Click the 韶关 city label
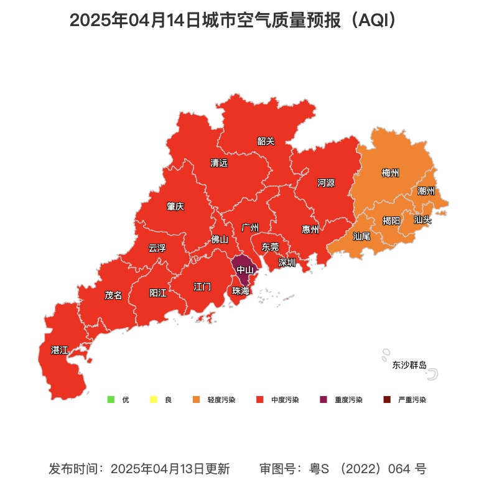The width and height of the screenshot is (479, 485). [266, 141]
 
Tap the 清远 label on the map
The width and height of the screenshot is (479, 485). [219, 163]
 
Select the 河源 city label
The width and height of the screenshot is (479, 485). [326, 183]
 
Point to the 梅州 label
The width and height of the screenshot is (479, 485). [390, 173]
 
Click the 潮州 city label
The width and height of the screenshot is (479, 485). [426, 191]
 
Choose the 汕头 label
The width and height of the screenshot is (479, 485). [422, 219]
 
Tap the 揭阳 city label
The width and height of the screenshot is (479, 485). [391, 220]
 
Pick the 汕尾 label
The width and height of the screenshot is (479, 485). [361, 236]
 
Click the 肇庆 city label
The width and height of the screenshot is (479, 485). [175, 206]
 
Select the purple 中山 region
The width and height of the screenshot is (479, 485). [243, 269]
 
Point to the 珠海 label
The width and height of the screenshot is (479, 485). [241, 291]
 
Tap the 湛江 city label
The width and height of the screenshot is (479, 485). [60, 351]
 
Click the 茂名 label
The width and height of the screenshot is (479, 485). [113, 295]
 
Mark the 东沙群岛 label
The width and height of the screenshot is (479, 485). [409, 365]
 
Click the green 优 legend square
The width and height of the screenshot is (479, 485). [111, 400]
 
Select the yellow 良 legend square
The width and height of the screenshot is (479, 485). [153, 400]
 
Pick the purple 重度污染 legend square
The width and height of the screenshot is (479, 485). [323, 400]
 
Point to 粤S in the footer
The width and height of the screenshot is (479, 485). [319, 468]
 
